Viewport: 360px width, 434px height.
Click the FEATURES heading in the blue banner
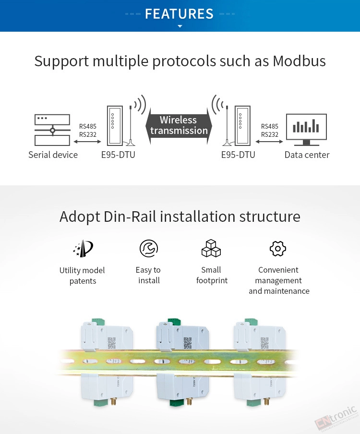179,14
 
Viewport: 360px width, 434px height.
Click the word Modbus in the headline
299,61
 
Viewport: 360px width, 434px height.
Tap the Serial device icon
52,130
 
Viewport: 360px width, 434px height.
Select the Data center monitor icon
306,130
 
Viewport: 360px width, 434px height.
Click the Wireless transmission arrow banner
179,125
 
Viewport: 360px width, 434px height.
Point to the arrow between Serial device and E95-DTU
87,142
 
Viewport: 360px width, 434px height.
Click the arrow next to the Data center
269,142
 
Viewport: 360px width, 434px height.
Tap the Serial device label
53,155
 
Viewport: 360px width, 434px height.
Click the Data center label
307,155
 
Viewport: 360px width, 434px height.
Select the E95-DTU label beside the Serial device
118,155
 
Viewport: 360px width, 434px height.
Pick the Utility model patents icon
83,248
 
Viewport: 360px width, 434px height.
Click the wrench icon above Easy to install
149,248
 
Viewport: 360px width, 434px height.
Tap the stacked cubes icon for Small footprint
211,248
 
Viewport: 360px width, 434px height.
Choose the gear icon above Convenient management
278,248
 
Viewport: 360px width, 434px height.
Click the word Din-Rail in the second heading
130,217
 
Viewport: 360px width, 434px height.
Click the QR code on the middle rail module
188,343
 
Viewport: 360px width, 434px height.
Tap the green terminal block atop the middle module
174,323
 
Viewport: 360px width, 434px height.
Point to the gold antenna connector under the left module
113,401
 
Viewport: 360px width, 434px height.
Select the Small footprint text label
212,275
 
